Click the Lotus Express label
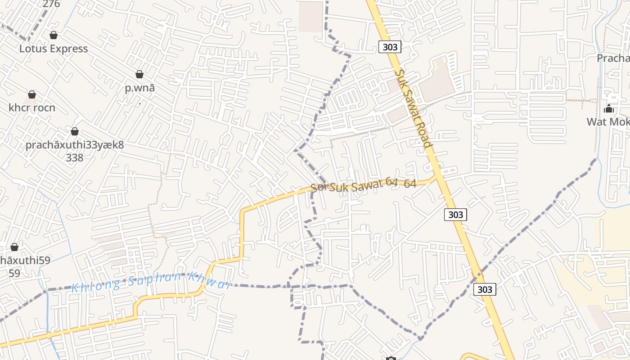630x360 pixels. pos(53,49)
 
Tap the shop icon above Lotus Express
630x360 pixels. pos(54,35)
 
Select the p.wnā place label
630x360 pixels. pos(140,88)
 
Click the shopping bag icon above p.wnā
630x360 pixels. pos(139,74)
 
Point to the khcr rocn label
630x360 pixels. pos(32,108)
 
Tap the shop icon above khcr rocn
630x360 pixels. pos(32,94)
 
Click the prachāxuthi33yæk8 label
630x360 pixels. pos(74,145)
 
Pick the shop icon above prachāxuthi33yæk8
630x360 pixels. pos(75,131)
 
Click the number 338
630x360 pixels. pos(74,157)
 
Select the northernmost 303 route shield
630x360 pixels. pos(390,47)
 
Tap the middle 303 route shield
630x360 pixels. pos(455,215)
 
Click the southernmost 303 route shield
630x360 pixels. pos(485,289)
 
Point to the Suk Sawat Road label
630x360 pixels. pos(413,108)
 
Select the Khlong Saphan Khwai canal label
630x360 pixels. pos(151,281)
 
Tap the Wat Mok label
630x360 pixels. pos(608,121)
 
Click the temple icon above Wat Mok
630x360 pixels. pos(609,108)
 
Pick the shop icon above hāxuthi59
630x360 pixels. pos(14,247)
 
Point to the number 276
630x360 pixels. pos(51,4)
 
